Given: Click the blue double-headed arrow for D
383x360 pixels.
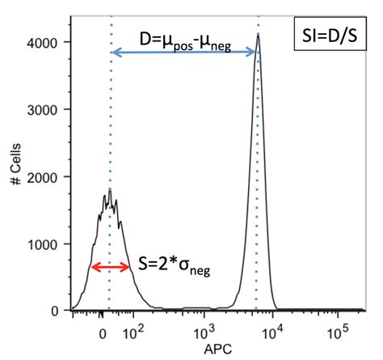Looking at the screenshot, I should point(184,53).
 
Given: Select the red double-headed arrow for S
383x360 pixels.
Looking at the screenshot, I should point(110,267).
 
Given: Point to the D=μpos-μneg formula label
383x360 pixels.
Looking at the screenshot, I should point(182,39).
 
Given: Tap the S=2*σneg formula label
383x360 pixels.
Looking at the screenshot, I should point(175,267).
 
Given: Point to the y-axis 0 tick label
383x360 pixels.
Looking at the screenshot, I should point(54,311).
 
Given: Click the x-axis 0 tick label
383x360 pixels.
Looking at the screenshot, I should point(102,331).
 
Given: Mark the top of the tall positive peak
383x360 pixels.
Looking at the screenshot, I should point(258,35).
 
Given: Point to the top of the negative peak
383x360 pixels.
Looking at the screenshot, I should point(109,191).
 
